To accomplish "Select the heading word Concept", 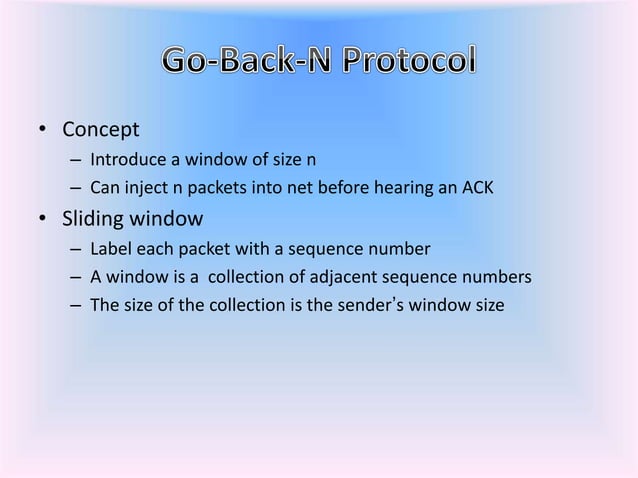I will pos(100,130).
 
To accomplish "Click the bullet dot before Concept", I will pos(41,131).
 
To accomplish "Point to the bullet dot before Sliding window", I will pos(41,217).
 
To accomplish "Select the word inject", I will pos(143,186).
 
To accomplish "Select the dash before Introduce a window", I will pos(75,160).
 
